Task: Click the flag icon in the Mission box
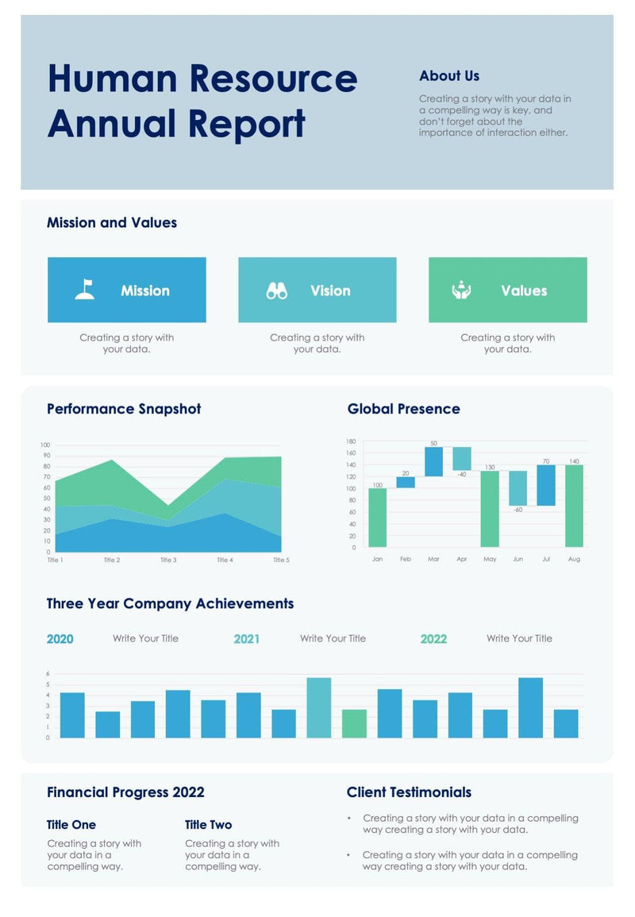pos(85,290)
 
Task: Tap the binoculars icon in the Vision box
pos(276,291)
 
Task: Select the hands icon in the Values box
pos(461,291)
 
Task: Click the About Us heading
pos(449,76)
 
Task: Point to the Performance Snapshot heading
pos(124,409)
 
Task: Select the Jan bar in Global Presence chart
pos(377,517)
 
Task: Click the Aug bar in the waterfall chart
pos(574,506)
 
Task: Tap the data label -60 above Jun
pos(518,510)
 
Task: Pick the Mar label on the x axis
pos(433,559)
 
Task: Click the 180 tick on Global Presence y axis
pos(351,441)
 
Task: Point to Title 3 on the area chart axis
pos(168,560)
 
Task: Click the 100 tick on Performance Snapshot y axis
pos(44,445)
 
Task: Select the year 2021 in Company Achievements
pos(246,639)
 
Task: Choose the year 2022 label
pos(433,639)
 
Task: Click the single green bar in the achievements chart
pos(355,723)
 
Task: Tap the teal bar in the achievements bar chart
pos(319,707)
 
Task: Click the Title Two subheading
pos(209,825)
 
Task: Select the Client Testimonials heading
pos(409,792)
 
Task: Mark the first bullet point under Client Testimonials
pos(349,818)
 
